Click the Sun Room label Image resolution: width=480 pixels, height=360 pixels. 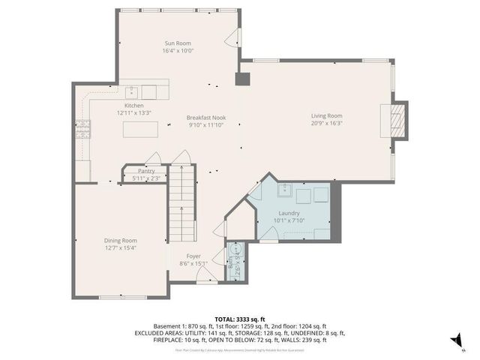(178, 43)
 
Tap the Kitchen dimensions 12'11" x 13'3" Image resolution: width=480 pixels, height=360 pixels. (134, 112)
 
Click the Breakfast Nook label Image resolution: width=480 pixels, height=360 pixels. (206, 118)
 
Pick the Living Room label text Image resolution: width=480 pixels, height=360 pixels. (327, 115)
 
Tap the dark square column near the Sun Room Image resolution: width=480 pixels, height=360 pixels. (242, 79)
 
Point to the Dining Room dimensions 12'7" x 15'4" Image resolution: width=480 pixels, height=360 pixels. (120, 247)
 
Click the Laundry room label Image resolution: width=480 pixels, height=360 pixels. (289, 214)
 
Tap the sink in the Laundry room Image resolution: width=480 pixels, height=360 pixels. (286, 190)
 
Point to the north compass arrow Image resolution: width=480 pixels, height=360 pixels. (454, 340)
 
